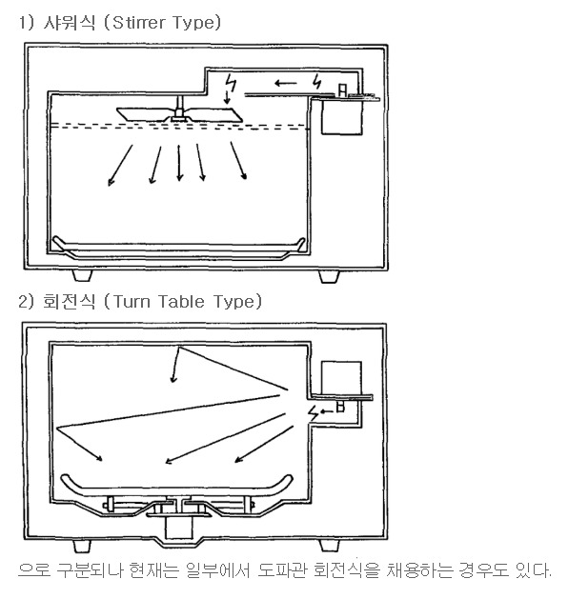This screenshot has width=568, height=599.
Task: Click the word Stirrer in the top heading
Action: tap(139, 23)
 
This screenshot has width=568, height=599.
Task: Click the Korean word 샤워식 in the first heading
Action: tap(69, 23)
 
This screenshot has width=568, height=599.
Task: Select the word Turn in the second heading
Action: tap(132, 302)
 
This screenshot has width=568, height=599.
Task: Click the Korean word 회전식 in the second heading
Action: tap(69, 302)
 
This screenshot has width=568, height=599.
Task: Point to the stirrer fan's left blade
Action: tap(143, 114)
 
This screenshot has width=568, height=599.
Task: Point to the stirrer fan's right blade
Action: tap(214, 115)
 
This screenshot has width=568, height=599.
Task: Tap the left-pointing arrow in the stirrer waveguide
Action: tap(286, 83)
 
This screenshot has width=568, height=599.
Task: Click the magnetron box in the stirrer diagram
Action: tap(341, 117)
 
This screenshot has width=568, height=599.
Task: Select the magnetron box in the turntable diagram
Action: tap(341, 378)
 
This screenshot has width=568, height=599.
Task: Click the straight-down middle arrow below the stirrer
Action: tap(179, 163)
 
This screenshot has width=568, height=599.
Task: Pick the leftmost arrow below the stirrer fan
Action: tap(120, 166)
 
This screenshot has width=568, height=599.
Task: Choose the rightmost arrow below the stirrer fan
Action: tap(238, 160)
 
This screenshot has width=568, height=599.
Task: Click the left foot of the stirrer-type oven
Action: tap(82, 276)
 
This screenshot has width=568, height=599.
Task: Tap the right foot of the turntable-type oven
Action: tap(329, 546)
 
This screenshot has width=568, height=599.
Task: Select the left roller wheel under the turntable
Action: tap(111, 505)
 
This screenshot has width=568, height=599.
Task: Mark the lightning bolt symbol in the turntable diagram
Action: tap(314, 413)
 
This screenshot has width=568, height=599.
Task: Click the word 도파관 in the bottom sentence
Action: tap(282, 570)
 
